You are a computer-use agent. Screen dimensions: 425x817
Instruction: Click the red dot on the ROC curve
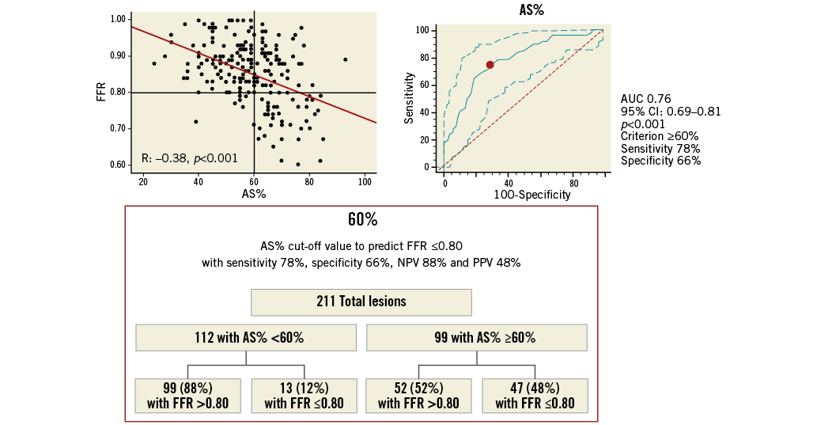[490, 65]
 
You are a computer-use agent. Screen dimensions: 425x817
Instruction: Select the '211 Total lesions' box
[361, 302]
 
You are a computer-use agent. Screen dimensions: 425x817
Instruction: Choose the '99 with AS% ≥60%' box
[476, 337]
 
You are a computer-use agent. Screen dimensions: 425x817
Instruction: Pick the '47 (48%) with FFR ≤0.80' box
[535, 395]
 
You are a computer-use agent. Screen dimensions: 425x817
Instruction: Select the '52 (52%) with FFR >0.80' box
[418, 395]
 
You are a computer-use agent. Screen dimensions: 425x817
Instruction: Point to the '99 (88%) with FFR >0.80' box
[187, 395]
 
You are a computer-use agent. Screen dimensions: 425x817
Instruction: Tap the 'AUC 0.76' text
[645, 99]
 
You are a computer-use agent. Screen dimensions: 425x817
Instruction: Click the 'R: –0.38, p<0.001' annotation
[189, 158]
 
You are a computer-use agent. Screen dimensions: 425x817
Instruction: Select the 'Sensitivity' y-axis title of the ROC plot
[410, 98]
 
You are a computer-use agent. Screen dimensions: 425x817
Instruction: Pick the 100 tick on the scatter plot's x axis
[365, 183]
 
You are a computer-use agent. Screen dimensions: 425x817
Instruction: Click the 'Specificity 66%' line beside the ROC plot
[660, 161]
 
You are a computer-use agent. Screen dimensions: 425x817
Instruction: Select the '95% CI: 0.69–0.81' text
[670, 112]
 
